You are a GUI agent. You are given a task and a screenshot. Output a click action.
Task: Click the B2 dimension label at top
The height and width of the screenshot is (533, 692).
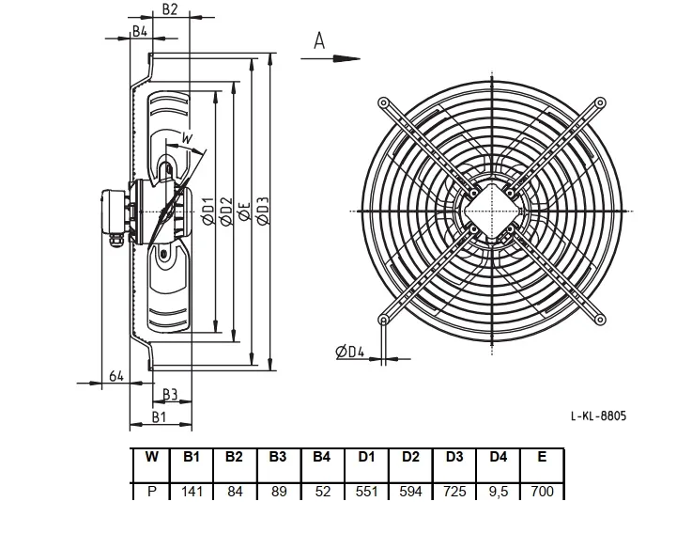click(x=169, y=8)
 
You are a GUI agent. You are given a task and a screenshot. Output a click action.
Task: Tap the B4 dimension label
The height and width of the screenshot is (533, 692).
click(x=140, y=31)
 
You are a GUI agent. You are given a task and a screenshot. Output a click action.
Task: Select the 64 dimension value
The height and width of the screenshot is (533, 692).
click(x=116, y=376)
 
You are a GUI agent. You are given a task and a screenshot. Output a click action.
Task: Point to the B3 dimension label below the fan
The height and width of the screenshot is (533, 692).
click(x=170, y=394)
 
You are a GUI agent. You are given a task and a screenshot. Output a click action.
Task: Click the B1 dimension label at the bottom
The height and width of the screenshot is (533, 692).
click(x=159, y=416)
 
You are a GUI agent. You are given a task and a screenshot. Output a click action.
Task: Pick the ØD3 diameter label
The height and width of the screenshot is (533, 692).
click(x=263, y=211)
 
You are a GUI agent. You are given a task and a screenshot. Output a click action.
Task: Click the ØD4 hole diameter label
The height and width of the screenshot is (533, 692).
click(x=350, y=352)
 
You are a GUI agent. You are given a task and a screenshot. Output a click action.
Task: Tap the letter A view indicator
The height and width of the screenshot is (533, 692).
click(x=319, y=40)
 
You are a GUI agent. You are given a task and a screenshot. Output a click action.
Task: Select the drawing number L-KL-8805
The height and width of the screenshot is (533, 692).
click(x=598, y=415)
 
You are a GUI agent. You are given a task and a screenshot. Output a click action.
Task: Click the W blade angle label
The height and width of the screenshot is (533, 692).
click(x=188, y=138)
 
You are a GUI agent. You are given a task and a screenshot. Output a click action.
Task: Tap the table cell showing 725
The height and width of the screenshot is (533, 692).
click(x=454, y=491)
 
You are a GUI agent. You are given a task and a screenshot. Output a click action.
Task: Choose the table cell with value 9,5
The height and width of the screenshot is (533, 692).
click(x=499, y=491)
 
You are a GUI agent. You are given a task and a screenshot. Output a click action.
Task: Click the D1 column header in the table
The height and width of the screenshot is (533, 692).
click(x=366, y=457)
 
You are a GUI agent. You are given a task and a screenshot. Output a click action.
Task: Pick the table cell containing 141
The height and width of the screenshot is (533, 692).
click(x=192, y=491)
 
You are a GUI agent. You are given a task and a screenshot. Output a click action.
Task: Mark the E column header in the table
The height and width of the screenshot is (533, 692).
click(x=542, y=457)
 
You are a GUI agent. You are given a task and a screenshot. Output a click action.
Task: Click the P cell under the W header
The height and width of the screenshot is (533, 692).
click(x=151, y=491)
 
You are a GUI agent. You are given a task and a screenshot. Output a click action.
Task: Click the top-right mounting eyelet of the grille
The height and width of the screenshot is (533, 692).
click(x=600, y=103)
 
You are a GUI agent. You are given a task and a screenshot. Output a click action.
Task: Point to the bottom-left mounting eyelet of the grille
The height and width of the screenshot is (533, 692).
click(x=384, y=319)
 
